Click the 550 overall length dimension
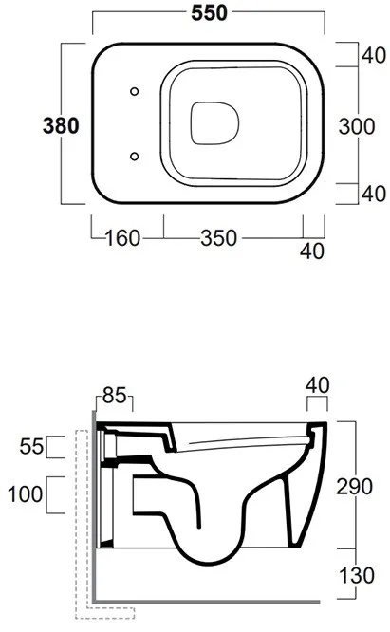coord(209,13)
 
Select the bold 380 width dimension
coord(61,126)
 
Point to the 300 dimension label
coord(357,126)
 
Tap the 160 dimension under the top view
coord(122,238)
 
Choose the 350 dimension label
coord(219,238)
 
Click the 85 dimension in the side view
coord(115,396)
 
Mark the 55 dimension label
coord(31,447)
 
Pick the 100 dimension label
coord(25,494)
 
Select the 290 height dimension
coord(355,487)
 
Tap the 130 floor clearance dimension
coord(357,575)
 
